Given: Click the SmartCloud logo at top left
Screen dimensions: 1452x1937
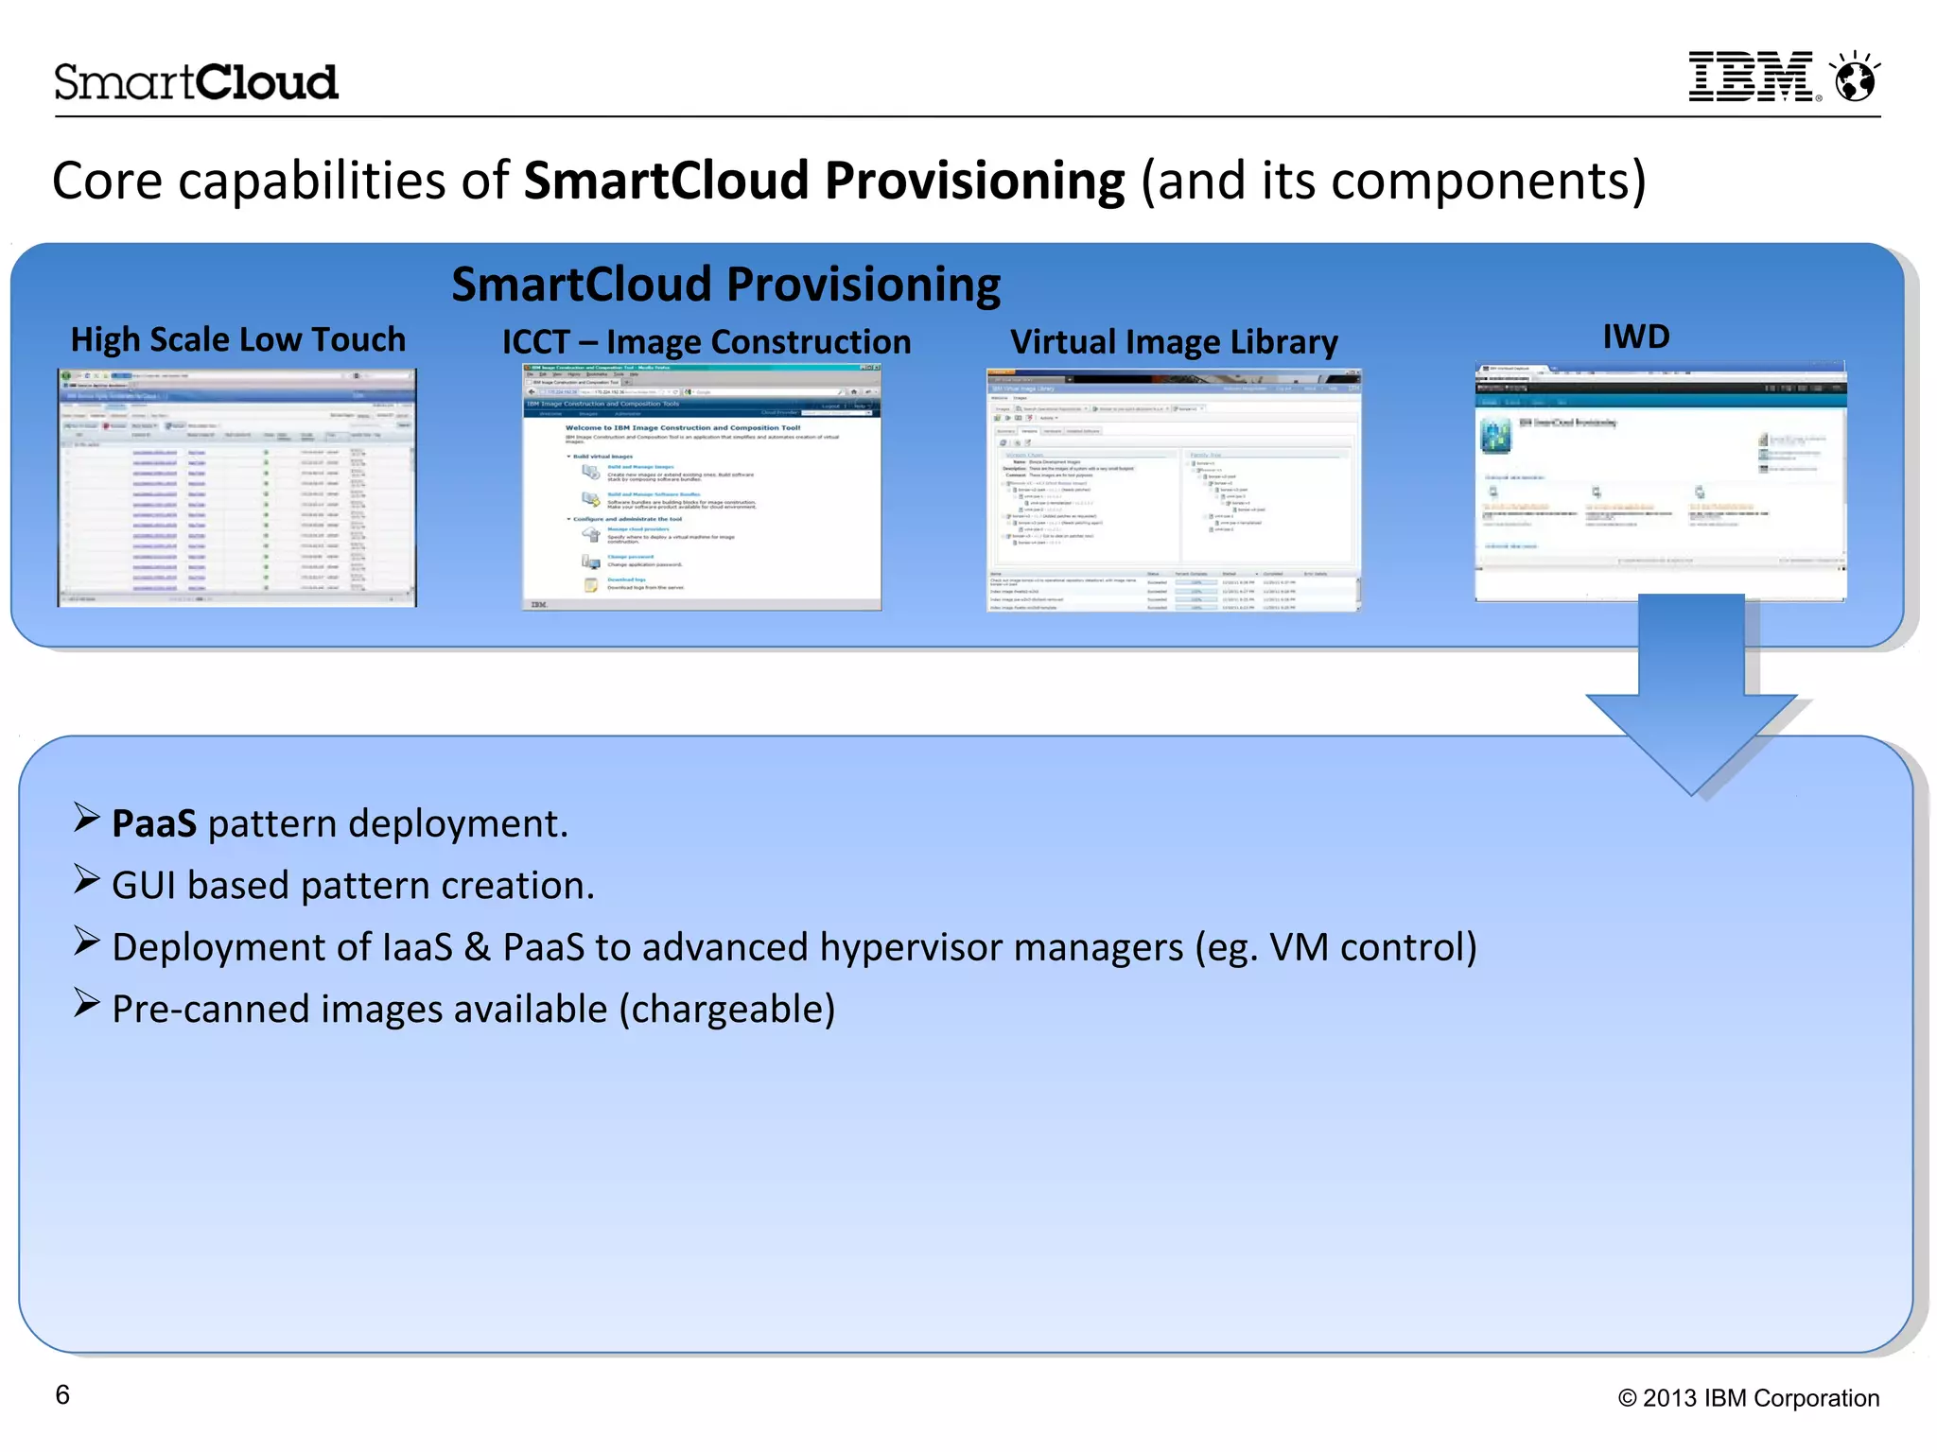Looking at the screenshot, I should (196, 82).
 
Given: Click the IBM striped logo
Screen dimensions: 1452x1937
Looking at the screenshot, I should (1752, 77).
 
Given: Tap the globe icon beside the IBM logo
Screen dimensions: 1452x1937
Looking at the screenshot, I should (1855, 78).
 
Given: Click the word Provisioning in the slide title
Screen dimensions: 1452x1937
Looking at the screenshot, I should (974, 181).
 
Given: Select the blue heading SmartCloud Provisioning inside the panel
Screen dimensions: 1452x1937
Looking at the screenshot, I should (725, 285).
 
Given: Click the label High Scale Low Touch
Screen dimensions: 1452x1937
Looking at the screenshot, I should (237, 339).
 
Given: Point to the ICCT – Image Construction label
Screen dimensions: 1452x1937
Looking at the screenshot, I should (706, 342).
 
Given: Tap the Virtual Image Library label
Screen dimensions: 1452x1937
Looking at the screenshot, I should (1174, 342).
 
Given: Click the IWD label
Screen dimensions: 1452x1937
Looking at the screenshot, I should (1635, 337).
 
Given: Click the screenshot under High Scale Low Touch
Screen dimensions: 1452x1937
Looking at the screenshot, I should (236, 488).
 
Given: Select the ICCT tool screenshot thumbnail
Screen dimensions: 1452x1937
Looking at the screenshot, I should (702, 488).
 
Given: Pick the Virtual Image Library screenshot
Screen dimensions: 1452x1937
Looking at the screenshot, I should (1173, 490).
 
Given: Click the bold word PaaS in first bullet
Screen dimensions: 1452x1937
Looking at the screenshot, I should (154, 824).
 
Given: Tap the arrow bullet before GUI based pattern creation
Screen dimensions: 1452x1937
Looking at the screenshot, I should (86, 880).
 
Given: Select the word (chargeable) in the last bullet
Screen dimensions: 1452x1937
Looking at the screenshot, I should (727, 1010).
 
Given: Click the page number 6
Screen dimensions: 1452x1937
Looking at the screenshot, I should (62, 1394).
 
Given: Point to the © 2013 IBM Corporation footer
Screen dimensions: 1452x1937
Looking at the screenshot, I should (1748, 1398).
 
